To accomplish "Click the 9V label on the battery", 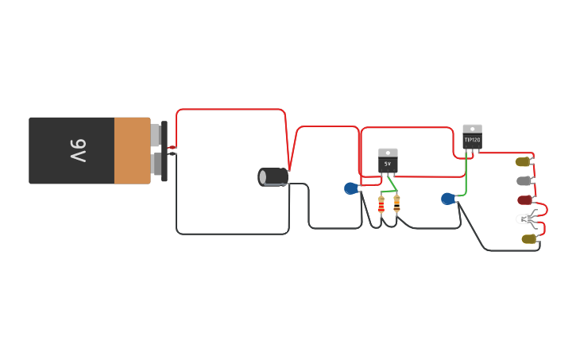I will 77,150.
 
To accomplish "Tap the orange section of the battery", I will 132,150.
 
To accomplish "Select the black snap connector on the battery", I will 164,151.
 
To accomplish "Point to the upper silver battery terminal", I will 156,135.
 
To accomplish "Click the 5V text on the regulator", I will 388,164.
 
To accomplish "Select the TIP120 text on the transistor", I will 472,140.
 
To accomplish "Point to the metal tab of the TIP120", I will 472,129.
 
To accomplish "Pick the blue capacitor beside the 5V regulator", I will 350,188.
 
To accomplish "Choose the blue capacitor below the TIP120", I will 447,199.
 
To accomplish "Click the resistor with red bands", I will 381,206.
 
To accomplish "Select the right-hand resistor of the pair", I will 396,204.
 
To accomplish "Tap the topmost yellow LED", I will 522,161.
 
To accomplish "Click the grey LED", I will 523,181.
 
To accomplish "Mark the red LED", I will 524,200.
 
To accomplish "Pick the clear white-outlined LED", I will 524,219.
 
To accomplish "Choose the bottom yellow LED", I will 528,238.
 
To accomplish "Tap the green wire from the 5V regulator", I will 391,185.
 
